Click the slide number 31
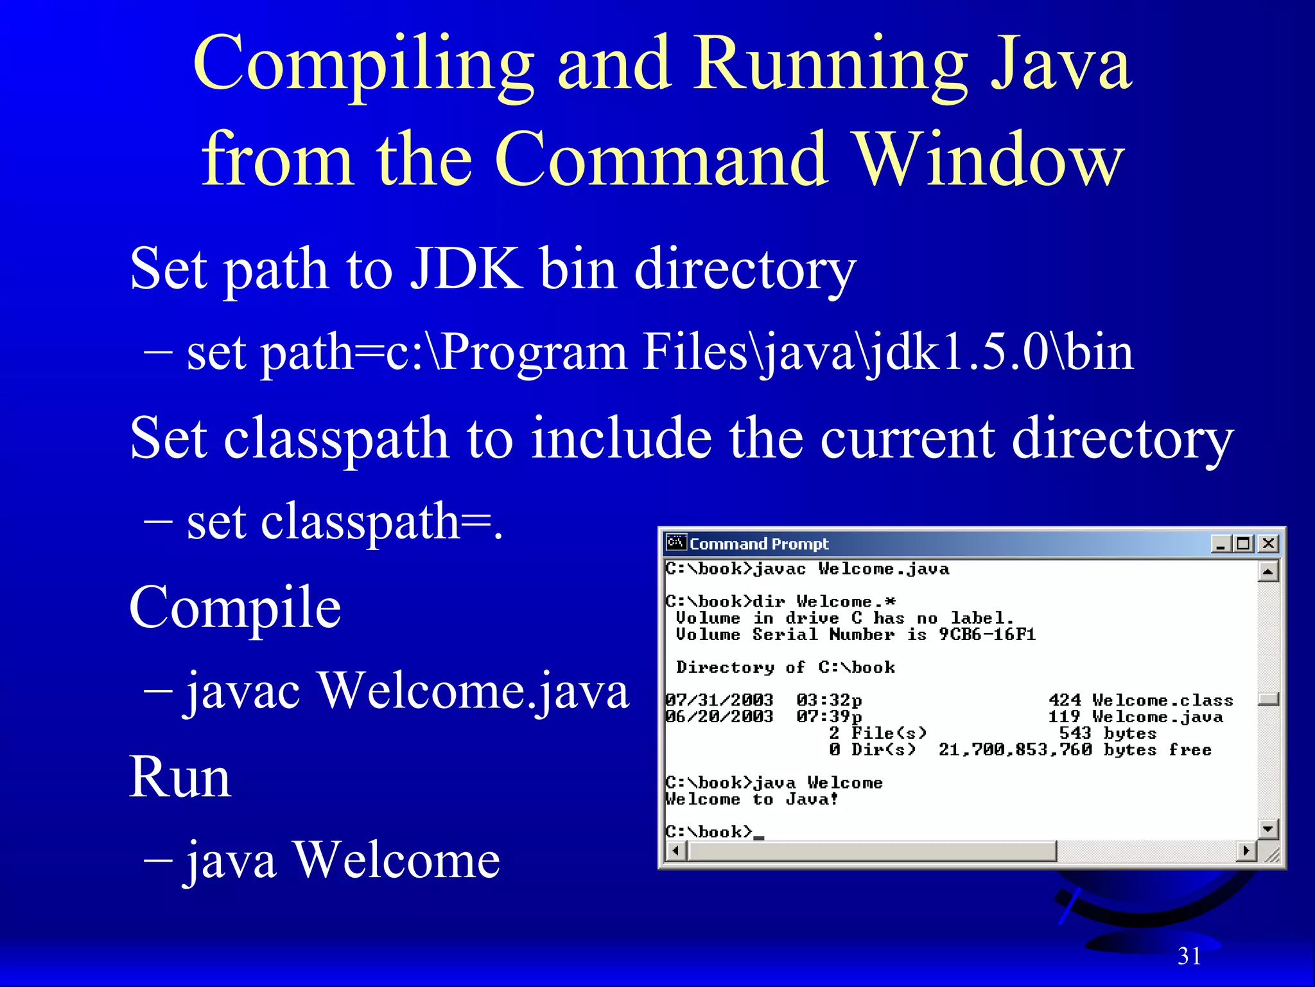[x=1189, y=956]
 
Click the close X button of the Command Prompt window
[x=1267, y=544]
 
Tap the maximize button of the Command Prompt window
[x=1244, y=544]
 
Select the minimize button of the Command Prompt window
[x=1221, y=544]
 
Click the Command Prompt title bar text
[x=759, y=544]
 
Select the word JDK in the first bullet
[x=466, y=269]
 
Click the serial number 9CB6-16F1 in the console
[x=987, y=635]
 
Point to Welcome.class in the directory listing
[x=1162, y=700]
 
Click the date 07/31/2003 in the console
[x=719, y=700]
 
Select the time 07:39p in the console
[x=829, y=716]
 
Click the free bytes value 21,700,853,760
[x=1015, y=750]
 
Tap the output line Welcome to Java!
[x=751, y=799]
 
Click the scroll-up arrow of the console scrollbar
[x=1267, y=571]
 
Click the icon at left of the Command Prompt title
[x=676, y=543]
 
